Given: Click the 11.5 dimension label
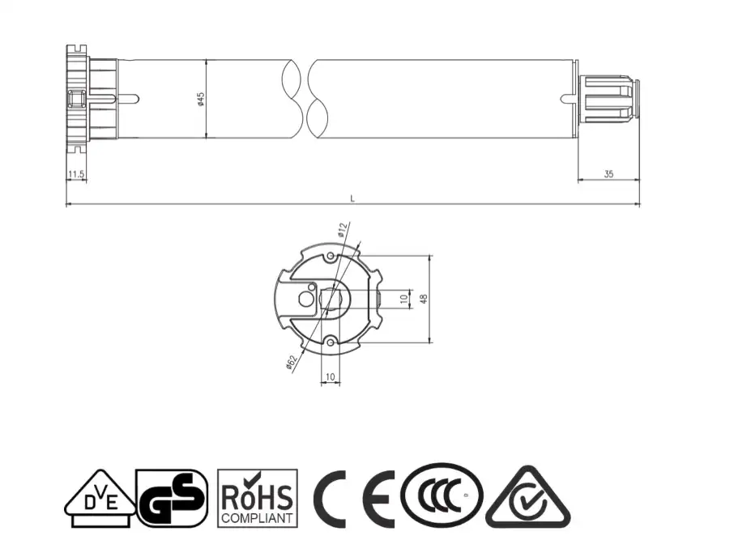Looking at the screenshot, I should coord(76,174).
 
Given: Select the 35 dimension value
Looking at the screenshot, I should coord(608,174).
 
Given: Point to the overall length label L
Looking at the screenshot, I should coord(352,198).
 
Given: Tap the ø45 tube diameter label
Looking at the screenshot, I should coord(200,99).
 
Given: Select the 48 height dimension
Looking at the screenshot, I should coord(423,299).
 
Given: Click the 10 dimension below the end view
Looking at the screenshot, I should coord(330,376).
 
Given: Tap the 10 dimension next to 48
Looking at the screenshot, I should coord(403,299).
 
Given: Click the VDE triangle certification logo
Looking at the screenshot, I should coord(99,499).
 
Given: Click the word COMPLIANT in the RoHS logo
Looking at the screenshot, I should coord(258,517).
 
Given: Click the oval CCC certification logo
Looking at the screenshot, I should coord(442,496).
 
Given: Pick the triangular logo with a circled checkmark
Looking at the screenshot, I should coord(527,499).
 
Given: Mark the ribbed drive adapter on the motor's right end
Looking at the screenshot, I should coord(610,99).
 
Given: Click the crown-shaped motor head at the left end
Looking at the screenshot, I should coord(79,99).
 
